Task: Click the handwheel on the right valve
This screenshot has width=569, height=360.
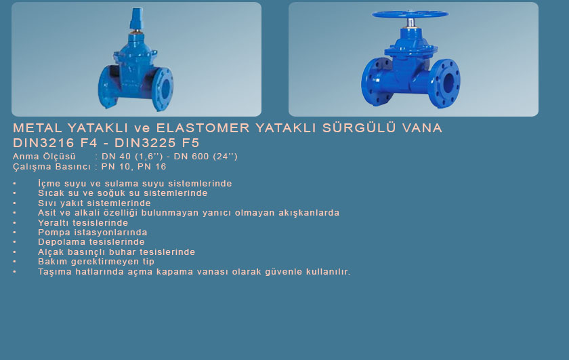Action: click(410, 14)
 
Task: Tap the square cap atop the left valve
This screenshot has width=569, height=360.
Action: click(136, 18)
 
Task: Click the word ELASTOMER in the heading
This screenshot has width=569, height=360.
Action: click(203, 128)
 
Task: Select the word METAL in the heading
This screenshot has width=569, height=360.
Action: click(37, 128)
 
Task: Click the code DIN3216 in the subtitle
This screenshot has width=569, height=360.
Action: click(44, 143)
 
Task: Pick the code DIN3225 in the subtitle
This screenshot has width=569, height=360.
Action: click(146, 143)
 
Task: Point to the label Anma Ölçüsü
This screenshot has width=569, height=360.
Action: click(44, 157)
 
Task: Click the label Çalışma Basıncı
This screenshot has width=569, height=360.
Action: click(51, 167)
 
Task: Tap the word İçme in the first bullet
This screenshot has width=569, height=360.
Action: click(49, 184)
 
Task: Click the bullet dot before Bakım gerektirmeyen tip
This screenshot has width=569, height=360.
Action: click(14, 262)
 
